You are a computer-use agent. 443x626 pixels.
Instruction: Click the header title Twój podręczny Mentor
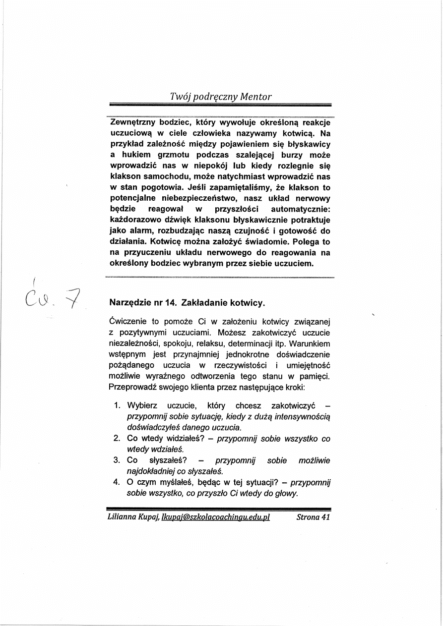[x=220, y=97]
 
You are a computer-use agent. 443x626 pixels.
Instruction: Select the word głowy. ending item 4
[x=286, y=493]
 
